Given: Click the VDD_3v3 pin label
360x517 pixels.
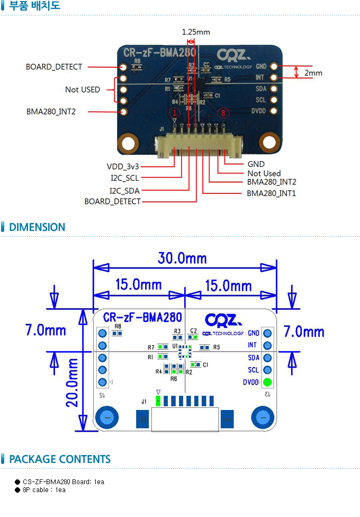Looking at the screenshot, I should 122,166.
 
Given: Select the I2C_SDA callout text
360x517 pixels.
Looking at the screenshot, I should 125,190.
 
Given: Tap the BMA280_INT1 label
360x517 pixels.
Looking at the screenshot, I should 271,193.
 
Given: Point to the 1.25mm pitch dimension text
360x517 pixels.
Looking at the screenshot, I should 196,32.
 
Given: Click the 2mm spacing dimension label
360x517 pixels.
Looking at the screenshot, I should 313,73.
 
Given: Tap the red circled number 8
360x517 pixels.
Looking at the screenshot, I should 224,113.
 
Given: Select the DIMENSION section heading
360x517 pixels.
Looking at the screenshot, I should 37,227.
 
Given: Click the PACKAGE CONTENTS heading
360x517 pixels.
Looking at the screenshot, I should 60,459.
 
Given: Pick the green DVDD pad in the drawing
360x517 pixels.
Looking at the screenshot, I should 267,382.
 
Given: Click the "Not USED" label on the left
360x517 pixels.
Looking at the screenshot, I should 82,90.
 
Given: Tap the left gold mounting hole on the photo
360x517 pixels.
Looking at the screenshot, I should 128,142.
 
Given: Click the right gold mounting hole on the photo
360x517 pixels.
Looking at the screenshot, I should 269,141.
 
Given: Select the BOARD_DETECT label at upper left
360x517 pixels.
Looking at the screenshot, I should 54,67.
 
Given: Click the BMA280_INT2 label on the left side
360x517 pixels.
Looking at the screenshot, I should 51,112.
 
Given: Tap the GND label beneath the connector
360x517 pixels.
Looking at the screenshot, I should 256,164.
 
